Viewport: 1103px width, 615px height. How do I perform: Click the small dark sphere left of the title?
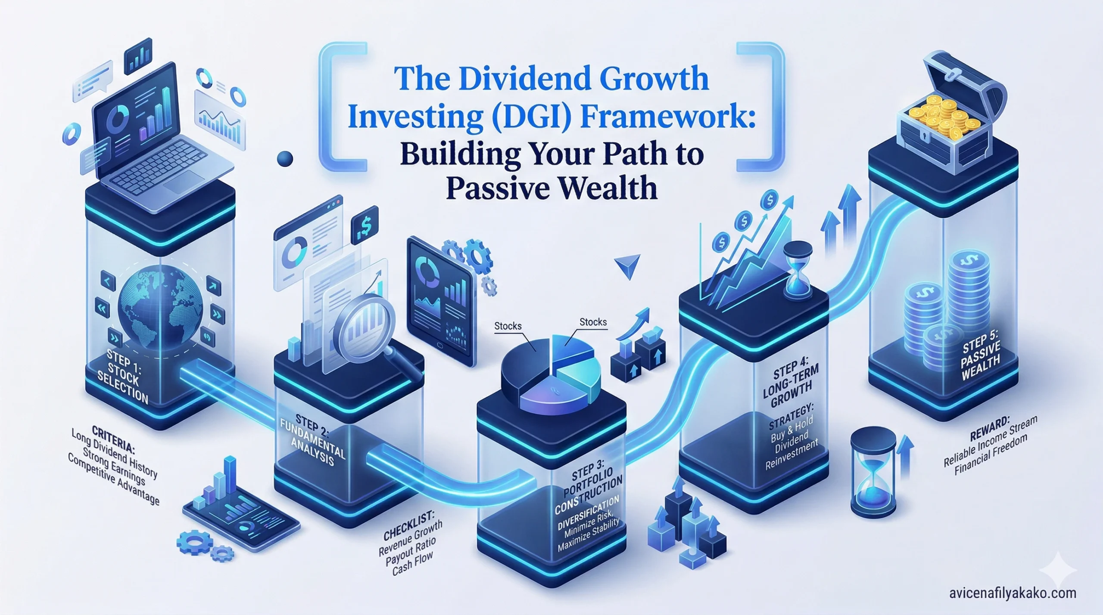pos(284,159)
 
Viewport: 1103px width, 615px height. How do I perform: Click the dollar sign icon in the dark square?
pos(364,223)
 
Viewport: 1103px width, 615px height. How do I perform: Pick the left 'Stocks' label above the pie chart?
pos(508,326)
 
